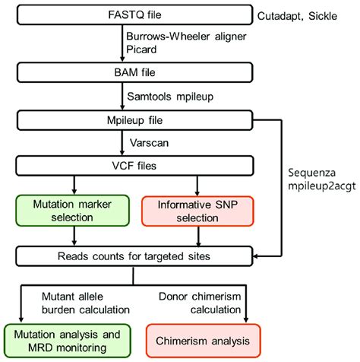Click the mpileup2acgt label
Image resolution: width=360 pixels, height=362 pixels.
click(x=317, y=188)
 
